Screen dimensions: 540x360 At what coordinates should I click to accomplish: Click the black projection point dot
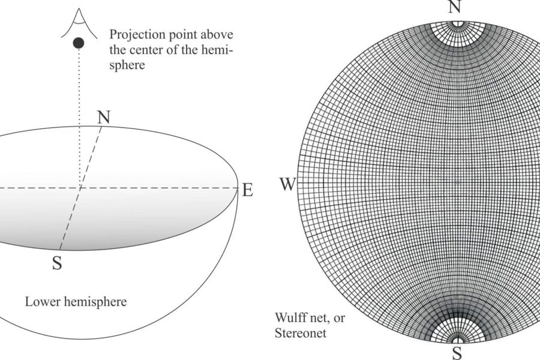tap(79, 43)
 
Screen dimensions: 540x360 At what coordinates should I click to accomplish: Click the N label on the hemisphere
tap(104, 117)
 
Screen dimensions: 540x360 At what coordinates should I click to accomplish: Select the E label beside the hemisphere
tap(248, 190)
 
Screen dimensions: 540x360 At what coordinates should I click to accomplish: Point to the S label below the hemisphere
tap(57, 263)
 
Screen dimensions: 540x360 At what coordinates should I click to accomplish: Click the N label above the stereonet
tap(455, 7)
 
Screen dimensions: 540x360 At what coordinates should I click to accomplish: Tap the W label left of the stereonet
tap(287, 184)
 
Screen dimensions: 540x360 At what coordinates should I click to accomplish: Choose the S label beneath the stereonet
tap(457, 353)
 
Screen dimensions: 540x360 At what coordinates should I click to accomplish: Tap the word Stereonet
tap(301, 333)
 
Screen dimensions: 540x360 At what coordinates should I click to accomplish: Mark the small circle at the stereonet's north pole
tap(458, 23)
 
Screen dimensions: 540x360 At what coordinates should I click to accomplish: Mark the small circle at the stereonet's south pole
tap(457, 341)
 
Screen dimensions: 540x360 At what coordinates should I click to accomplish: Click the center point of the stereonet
tap(457, 182)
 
